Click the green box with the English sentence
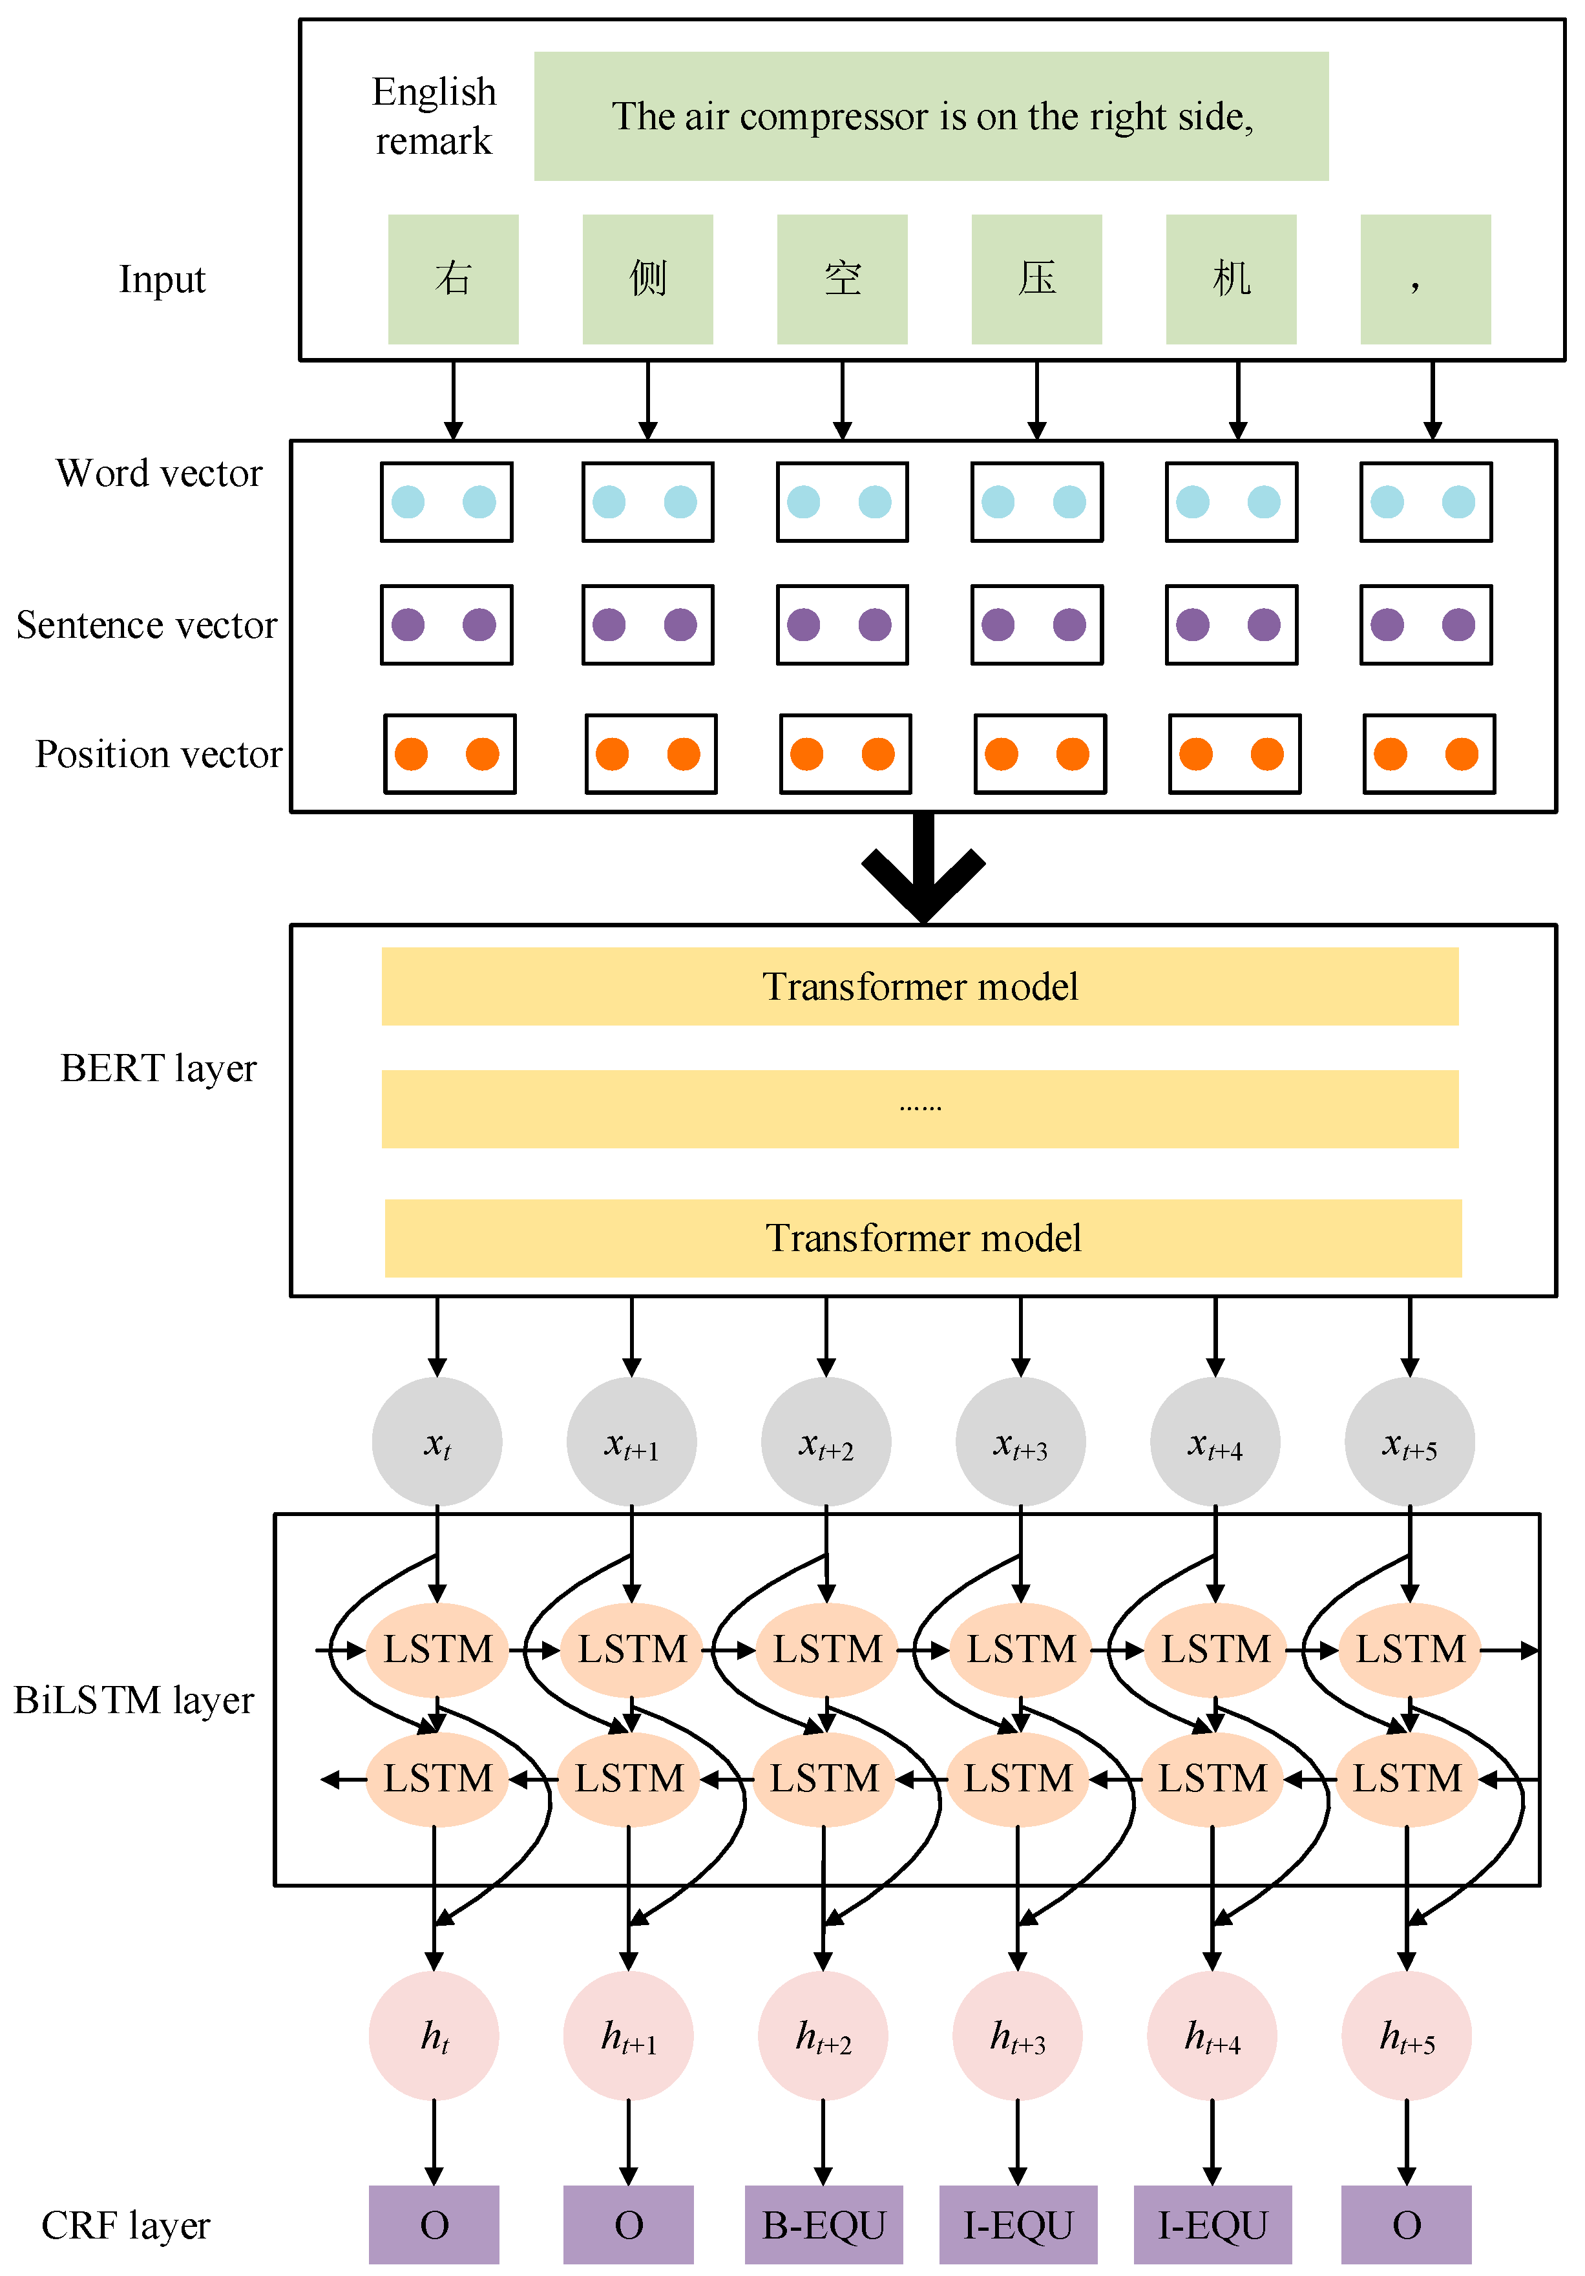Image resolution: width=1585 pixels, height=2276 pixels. click(x=931, y=116)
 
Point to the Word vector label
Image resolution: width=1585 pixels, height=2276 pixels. click(x=158, y=473)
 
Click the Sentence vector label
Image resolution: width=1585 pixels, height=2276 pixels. click(x=147, y=624)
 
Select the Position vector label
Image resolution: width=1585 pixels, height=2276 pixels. click(x=158, y=754)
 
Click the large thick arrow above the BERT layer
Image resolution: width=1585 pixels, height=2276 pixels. click(x=923, y=869)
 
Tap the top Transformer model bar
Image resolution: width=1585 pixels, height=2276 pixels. click(x=920, y=986)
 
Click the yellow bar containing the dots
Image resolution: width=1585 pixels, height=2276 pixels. click(x=920, y=1108)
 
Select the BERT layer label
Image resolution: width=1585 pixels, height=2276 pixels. click(x=158, y=1068)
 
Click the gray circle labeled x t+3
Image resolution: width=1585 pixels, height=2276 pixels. click(x=1020, y=1441)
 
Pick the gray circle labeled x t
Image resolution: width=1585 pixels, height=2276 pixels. click(x=437, y=1441)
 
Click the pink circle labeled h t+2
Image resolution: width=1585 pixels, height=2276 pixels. click(x=823, y=2035)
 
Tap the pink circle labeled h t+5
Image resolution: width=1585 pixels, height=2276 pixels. click(x=1407, y=2035)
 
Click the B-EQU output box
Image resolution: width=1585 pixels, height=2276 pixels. click(x=824, y=2224)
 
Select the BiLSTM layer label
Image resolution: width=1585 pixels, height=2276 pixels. click(x=134, y=1699)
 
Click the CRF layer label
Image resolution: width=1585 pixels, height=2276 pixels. click(x=126, y=2224)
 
